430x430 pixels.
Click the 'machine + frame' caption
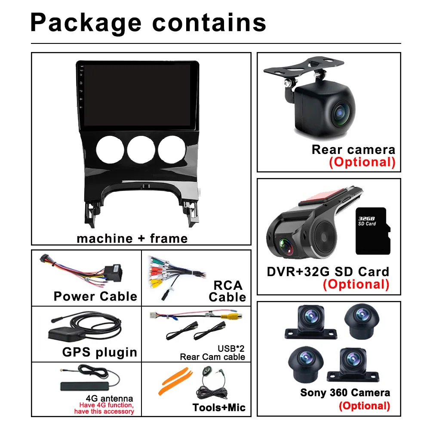tap(132, 238)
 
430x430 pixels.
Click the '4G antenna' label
tap(110, 398)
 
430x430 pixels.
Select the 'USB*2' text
tap(233, 348)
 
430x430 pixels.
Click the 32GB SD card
tap(372, 230)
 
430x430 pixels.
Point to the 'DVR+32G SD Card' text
tap(328, 271)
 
